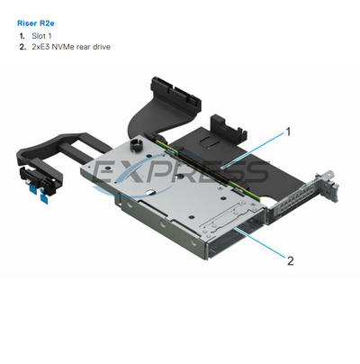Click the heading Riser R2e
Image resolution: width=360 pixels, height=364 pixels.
[36, 20]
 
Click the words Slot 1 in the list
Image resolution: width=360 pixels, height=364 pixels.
[42, 35]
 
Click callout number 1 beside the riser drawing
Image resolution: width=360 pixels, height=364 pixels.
[288, 131]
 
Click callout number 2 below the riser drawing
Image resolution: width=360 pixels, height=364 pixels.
[290, 261]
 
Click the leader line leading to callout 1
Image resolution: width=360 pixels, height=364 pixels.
[256, 148]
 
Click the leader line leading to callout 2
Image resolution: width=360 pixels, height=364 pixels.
[261, 244]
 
